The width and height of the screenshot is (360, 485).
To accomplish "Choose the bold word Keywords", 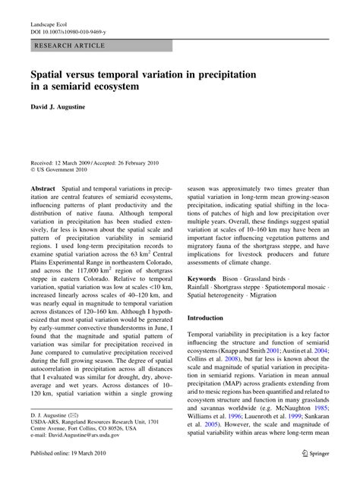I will [207, 279].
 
